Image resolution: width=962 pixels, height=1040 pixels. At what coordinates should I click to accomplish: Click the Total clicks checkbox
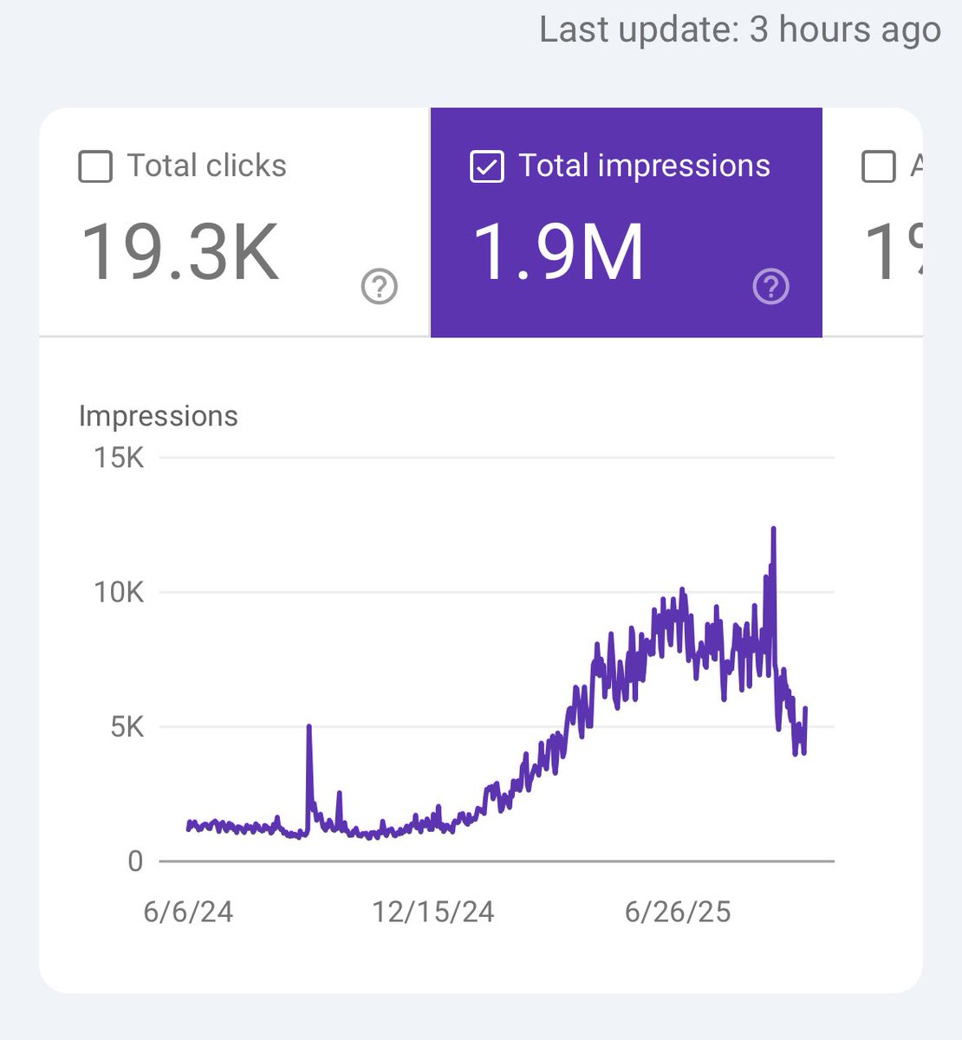pos(95,166)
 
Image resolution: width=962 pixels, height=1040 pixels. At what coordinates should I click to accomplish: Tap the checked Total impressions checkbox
pos(486,166)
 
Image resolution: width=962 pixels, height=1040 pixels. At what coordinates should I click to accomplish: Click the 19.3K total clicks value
pos(180,252)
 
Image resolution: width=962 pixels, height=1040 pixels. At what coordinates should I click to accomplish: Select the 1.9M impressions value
pos(558,252)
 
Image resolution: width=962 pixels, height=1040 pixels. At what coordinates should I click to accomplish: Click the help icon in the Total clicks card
pos(379,287)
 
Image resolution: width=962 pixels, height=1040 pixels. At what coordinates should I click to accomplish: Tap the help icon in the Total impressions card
pos(770,287)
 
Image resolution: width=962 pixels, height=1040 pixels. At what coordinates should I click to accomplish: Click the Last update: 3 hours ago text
pos(739,29)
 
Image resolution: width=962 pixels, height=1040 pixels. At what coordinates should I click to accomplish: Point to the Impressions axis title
pos(158,416)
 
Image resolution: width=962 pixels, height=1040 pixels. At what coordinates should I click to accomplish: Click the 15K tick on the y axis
pos(120,457)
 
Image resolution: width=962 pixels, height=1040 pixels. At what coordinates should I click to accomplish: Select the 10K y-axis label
pos(120,593)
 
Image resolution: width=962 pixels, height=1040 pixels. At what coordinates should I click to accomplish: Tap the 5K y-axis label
pos(127,726)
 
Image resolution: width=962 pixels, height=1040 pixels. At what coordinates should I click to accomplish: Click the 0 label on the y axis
pos(135,861)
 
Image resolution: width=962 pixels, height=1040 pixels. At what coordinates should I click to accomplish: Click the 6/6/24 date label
pos(188,912)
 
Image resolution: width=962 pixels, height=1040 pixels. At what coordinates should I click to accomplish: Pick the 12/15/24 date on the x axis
pos(433,912)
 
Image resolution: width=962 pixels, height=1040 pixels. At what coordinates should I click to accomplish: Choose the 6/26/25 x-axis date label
pos(678,912)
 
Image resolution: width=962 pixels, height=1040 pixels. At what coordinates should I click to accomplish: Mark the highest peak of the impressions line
pos(773,528)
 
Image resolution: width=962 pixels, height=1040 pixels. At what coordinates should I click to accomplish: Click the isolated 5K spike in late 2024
pos(309,726)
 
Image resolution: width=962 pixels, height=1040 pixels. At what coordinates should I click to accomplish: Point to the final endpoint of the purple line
pos(806,709)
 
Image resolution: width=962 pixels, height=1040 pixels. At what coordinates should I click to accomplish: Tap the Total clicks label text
pos(206,166)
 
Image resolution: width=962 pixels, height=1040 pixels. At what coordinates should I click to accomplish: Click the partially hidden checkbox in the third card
pos(878,166)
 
